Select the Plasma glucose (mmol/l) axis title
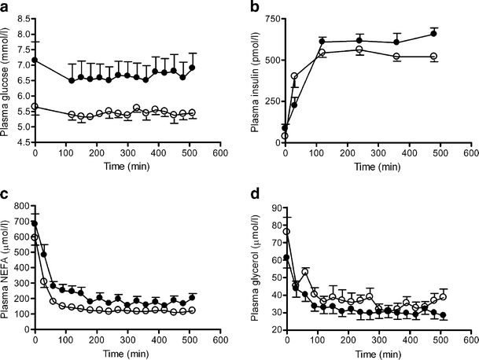point(8,79)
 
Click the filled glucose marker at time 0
point(35,61)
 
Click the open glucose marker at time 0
point(35,107)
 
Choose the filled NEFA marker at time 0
point(35,224)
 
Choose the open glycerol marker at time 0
point(287,232)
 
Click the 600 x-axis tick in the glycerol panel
point(472,340)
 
